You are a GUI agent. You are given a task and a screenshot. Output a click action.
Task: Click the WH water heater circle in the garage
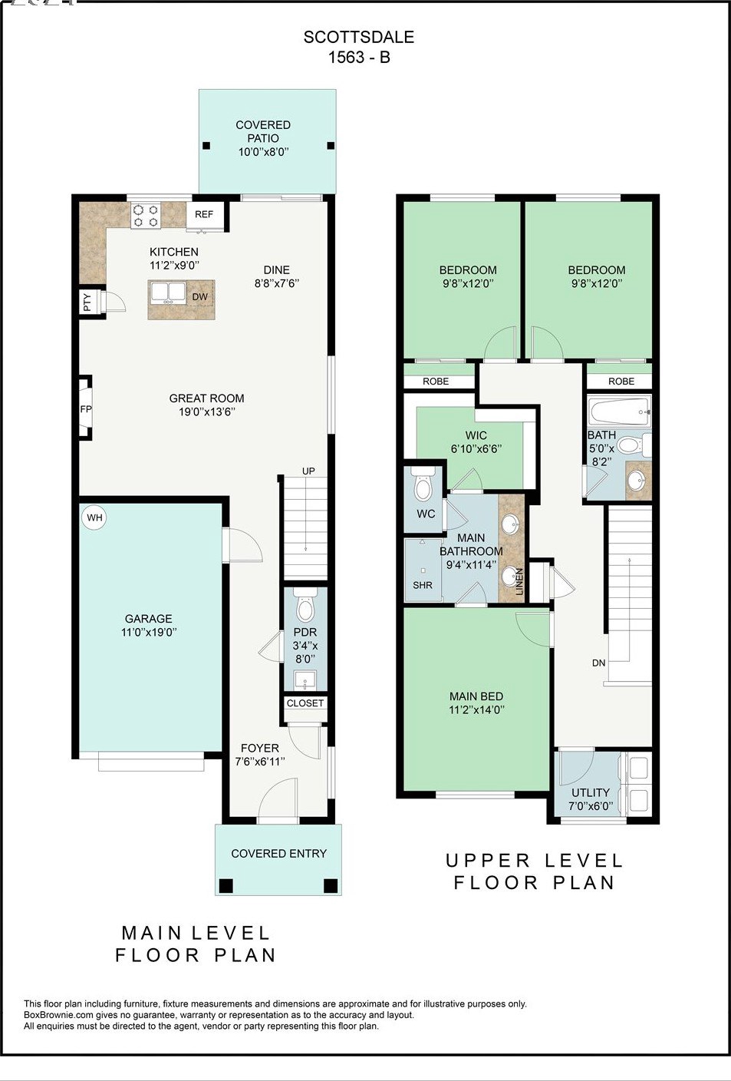[94, 517]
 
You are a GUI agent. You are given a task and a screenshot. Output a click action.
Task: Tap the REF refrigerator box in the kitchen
[205, 214]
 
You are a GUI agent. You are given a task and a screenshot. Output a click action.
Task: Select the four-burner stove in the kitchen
[146, 215]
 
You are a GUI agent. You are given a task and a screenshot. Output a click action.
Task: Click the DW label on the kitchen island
[199, 296]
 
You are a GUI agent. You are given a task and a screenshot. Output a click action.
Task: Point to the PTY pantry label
[87, 302]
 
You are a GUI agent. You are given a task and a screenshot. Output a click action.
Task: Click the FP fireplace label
[86, 408]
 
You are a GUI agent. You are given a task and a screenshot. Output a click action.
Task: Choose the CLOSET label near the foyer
[305, 703]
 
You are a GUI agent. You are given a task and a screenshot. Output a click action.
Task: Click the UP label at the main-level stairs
[308, 471]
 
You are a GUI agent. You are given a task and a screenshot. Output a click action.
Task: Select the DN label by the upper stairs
[599, 663]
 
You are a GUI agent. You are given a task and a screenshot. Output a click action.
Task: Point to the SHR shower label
[423, 585]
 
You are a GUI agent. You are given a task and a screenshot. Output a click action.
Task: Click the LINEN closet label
[519, 581]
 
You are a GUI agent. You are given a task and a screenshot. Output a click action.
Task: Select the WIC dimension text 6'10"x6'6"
[476, 448]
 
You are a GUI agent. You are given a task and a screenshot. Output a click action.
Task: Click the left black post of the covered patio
[206, 145]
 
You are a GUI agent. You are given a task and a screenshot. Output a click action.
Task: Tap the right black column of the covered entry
[331, 885]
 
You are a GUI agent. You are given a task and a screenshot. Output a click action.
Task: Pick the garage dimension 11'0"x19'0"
[149, 632]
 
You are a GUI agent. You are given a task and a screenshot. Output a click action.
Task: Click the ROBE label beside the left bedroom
[436, 382]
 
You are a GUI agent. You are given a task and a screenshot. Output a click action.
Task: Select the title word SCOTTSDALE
[359, 37]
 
